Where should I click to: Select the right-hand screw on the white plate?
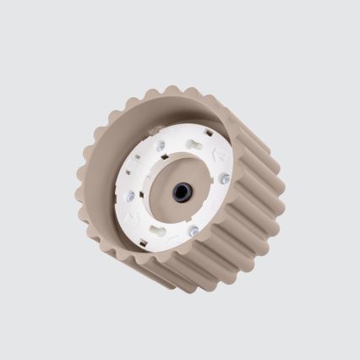pos(224,178)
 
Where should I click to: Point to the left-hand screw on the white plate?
pos(130,196)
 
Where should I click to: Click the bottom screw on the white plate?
pos(194,231)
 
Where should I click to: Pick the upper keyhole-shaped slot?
pos(195,145)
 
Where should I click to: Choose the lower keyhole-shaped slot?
pos(156,228)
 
